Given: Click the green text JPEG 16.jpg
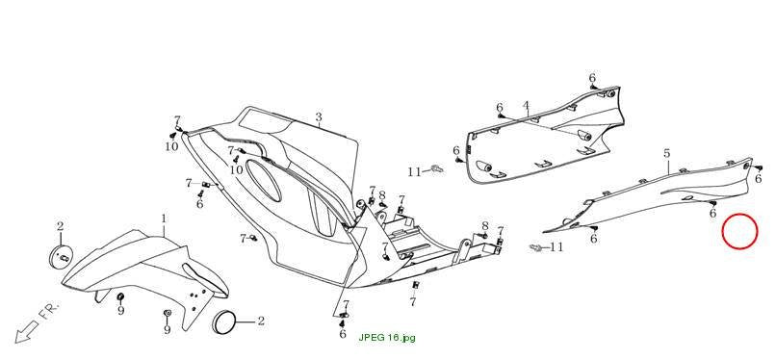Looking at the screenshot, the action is pyautogui.click(x=387, y=338).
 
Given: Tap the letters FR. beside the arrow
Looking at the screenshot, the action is pyautogui.click(x=48, y=312).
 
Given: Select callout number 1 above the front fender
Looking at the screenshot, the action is pyautogui.click(x=164, y=219).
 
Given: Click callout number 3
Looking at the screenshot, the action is pyautogui.click(x=319, y=117).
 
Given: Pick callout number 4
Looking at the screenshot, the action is pyautogui.click(x=526, y=105).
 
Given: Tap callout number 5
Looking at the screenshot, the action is pyautogui.click(x=666, y=153).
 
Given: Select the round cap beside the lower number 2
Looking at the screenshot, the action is pyautogui.click(x=225, y=322).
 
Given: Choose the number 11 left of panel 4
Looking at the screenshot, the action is pyautogui.click(x=414, y=172).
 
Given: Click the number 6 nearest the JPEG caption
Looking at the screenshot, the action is pyautogui.click(x=343, y=334).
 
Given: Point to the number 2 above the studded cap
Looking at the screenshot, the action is pyautogui.click(x=60, y=226).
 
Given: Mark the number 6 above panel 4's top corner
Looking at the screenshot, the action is pyautogui.click(x=592, y=78).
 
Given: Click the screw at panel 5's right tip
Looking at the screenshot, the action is pyautogui.click(x=761, y=168).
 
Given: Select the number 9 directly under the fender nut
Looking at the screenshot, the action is pyautogui.click(x=120, y=311).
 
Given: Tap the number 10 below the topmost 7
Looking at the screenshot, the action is pyautogui.click(x=171, y=146).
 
